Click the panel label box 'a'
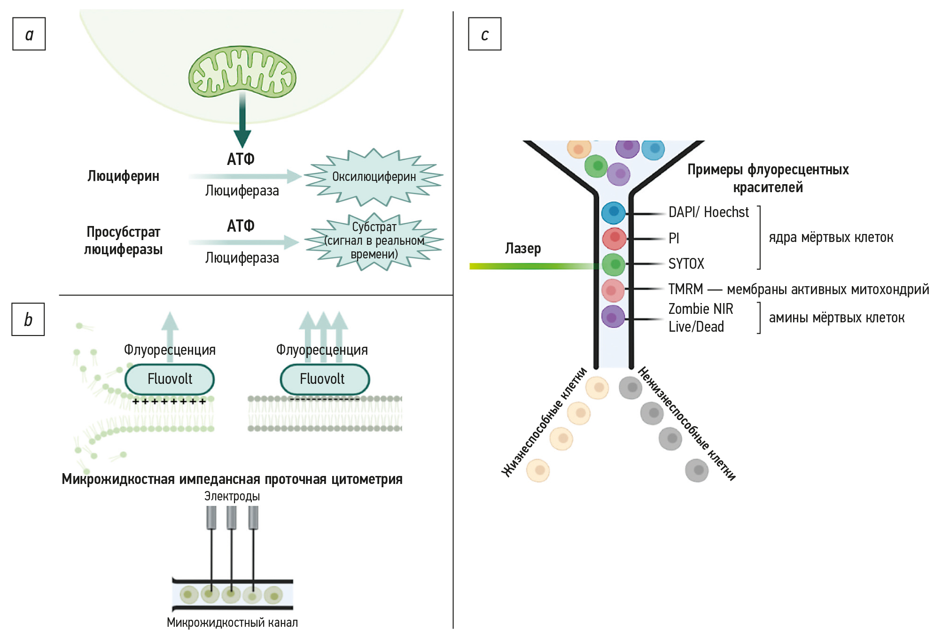pos(29,34)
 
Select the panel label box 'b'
pos(28,319)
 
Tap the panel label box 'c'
pos(484,34)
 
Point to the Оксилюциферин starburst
pos(374,177)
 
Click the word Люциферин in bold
pos(123,176)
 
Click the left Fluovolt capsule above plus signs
pos(170,379)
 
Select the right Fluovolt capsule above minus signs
pos(325,379)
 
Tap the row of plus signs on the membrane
pos(169,402)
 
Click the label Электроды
pos(232,496)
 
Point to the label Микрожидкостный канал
pos(232,623)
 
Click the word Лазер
pos(523,248)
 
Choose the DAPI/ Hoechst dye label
pos(708,212)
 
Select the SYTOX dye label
pos(686,264)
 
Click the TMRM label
pos(685,289)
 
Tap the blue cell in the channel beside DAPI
pos(613,212)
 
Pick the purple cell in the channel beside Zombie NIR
pos(613,317)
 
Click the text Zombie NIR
pos(701,309)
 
